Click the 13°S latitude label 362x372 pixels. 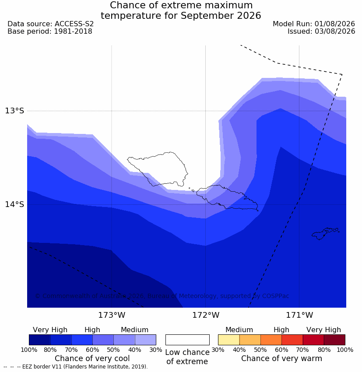tap(14, 111)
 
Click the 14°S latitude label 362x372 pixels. tap(14, 204)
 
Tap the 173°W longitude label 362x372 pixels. tap(112, 315)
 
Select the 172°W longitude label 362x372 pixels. tap(206, 315)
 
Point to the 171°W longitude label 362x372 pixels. tap(299, 315)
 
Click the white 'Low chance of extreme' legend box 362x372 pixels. tap(187, 340)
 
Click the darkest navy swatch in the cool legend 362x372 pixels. tap(40, 340)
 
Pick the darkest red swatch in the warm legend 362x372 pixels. tap(334, 340)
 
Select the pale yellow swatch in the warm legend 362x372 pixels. tap(228, 340)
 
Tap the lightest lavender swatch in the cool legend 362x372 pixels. tap(145, 340)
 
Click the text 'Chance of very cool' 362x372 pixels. tap(92, 358)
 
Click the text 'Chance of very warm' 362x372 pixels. tap(281, 358)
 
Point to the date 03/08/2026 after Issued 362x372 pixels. tap(335, 32)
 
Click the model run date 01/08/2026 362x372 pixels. tap(335, 24)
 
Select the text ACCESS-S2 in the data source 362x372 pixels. tap(74, 24)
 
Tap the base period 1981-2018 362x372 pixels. tap(73, 32)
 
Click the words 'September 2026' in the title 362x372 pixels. tap(221, 16)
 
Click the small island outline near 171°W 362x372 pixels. tap(324, 233)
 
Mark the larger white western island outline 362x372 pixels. tap(158, 169)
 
